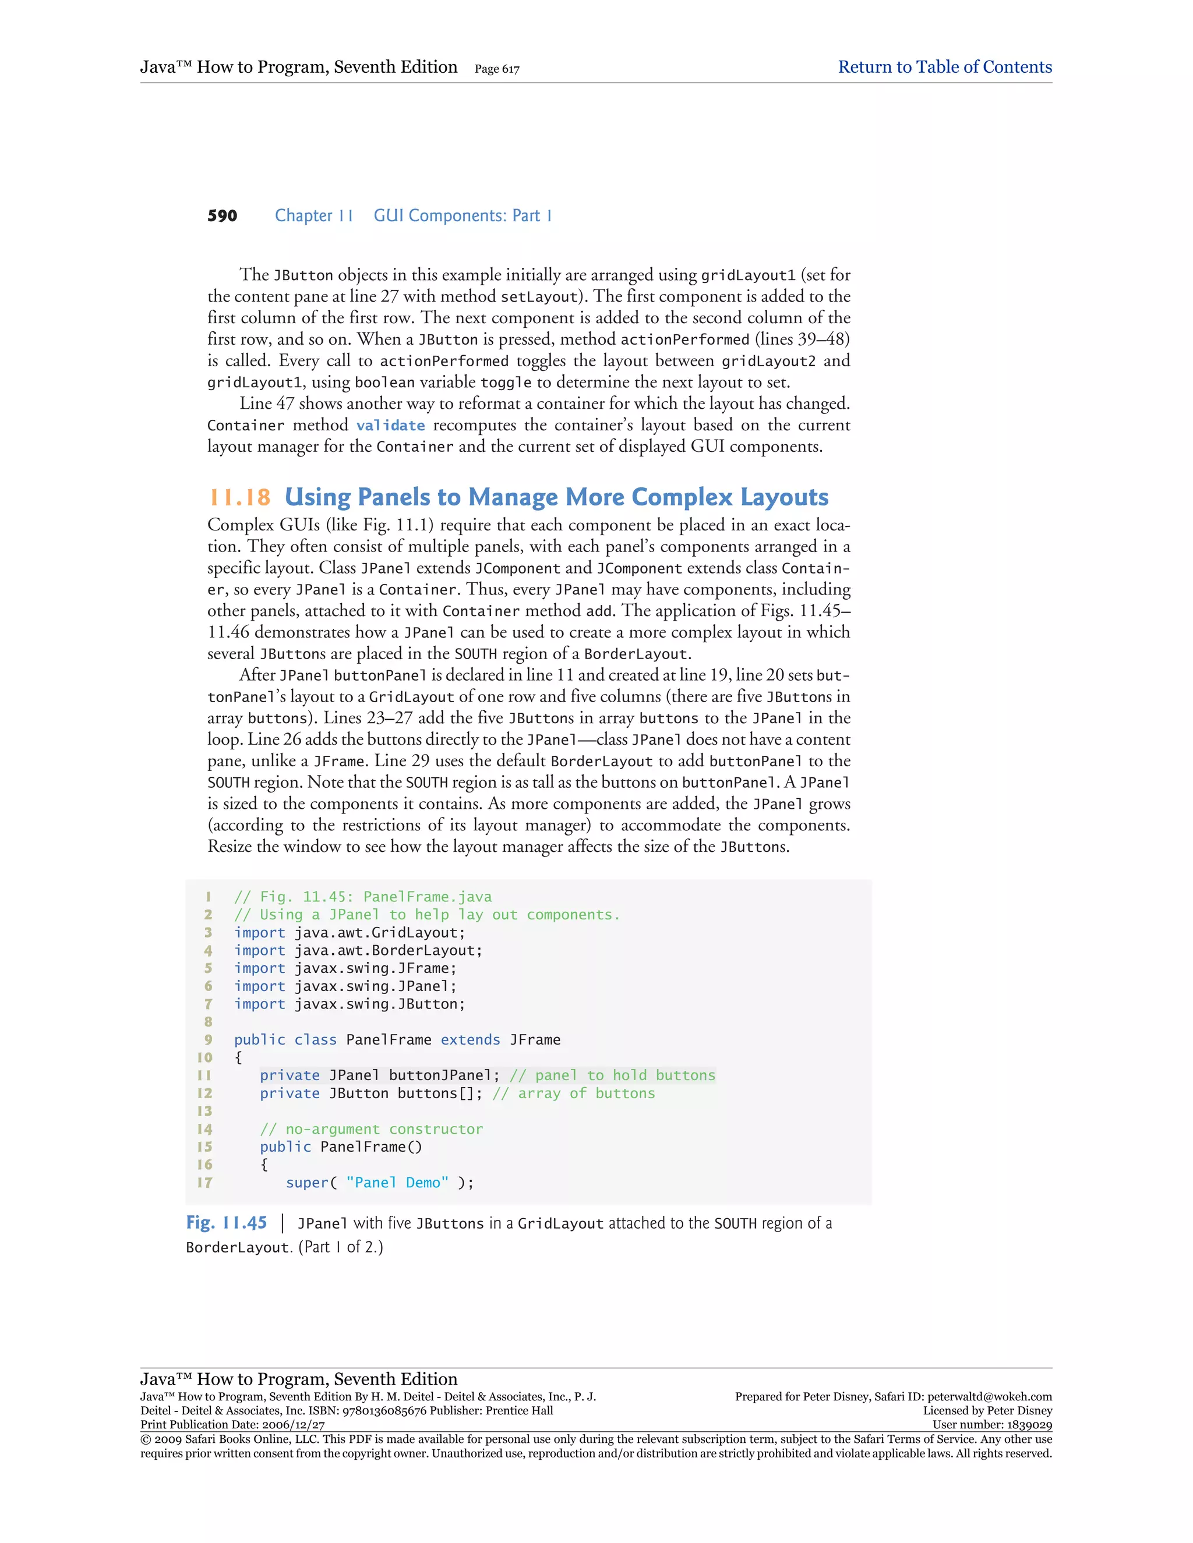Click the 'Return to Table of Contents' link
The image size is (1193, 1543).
[944, 67]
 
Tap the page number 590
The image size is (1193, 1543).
[222, 216]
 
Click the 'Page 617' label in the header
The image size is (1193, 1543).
[497, 69]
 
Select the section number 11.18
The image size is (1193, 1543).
[239, 497]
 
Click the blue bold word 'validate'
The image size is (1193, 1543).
[390, 425]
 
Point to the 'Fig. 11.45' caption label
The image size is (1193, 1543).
[226, 1223]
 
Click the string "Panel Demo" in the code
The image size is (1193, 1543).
[397, 1183]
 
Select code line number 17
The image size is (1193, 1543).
[204, 1183]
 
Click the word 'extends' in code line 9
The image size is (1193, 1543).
[470, 1040]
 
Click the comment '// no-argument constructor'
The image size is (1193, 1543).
[371, 1129]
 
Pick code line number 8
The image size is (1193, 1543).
[208, 1022]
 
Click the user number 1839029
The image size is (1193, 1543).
[1028, 1425]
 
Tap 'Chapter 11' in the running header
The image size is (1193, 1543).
[314, 216]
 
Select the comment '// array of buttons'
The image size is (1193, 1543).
[573, 1093]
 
